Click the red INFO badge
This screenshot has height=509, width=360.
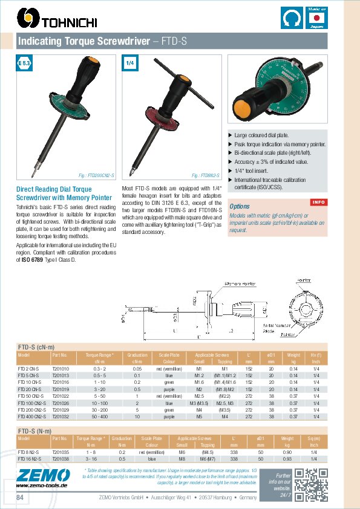[318, 201]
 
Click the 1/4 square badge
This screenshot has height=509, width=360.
[130, 63]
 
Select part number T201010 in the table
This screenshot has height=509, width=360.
[61, 368]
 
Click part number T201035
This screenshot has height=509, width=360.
[61, 452]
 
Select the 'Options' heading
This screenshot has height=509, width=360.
[240, 207]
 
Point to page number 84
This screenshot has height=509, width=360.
[21, 497]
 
